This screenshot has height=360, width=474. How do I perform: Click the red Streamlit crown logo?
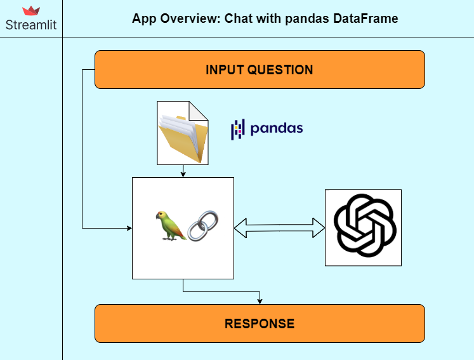[x=31, y=11]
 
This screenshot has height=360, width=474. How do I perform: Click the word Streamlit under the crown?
[x=31, y=25]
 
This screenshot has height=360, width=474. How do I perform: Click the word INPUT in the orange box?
[x=225, y=70]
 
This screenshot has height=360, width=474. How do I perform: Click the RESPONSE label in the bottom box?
[x=259, y=324]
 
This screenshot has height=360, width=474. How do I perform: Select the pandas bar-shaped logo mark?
[x=237, y=129]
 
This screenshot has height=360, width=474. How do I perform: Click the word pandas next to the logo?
[x=277, y=129]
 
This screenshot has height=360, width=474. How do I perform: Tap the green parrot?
[x=169, y=226]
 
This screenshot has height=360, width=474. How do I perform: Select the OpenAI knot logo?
[x=363, y=227]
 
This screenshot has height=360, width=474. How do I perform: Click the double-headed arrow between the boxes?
[x=279, y=227]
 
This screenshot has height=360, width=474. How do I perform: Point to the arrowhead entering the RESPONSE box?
[x=260, y=301]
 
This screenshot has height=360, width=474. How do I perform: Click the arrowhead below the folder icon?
[x=183, y=174]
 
